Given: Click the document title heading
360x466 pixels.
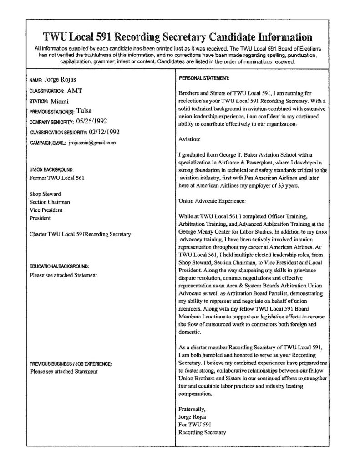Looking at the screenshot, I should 177,37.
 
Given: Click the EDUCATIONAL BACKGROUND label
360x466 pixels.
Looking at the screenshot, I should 59,266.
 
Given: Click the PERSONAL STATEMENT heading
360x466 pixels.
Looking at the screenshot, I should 204,78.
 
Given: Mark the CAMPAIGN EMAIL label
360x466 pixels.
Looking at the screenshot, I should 48,143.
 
